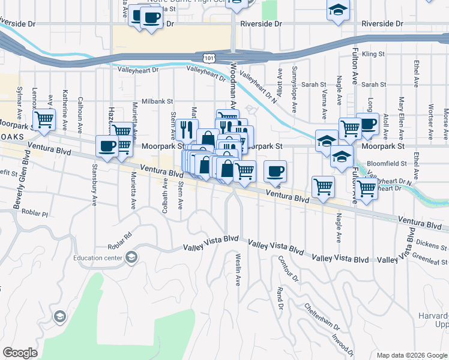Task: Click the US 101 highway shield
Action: click(208, 58)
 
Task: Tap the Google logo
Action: click(20, 353)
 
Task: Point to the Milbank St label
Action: click(157, 102)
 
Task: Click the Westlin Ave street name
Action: click(238, 271)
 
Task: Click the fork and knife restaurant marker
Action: click(187, 128)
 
